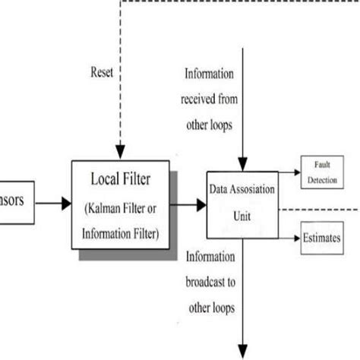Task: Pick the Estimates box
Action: tap(322, 238)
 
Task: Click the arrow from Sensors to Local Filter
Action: tap(53, 203)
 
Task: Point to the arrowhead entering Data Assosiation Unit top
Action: tap(241, 164)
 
